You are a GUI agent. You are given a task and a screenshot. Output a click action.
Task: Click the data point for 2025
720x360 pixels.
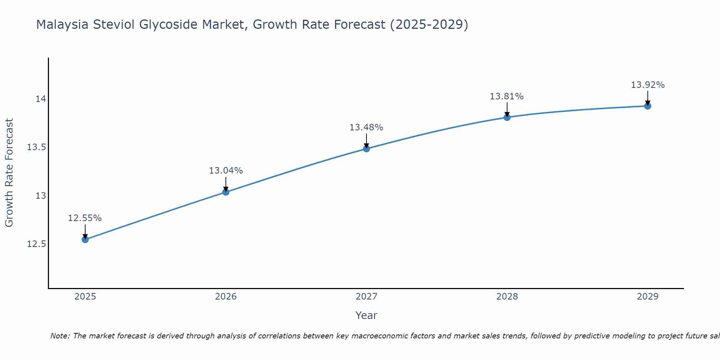(x=85, y=239)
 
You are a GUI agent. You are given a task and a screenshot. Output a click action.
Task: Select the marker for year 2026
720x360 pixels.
(x=226, y=192)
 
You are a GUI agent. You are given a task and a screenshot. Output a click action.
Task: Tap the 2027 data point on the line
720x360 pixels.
(x=366, y=148)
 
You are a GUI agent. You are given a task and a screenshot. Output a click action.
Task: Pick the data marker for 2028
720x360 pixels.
(x=507, y=117)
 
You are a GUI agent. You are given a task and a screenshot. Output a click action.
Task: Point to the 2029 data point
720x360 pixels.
(x=648, y=106)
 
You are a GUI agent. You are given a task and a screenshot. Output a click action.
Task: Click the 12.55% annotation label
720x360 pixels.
(x=85, y=218)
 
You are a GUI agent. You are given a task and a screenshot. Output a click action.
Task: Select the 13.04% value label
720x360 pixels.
(x=226, y=171)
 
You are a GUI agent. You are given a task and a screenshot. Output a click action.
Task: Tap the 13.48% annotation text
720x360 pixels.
(x=366, y=127)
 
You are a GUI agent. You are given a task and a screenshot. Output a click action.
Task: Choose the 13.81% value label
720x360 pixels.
(x=507, y=96)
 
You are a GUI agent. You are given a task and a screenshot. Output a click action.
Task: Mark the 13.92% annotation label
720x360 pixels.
(x=648, y=85)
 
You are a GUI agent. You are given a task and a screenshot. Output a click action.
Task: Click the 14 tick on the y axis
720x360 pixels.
(x=41, y=99)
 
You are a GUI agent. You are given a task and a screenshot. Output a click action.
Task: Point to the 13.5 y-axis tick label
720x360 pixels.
(x=36, y=147)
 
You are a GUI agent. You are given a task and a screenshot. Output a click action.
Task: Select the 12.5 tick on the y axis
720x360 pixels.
(x=36, y=244)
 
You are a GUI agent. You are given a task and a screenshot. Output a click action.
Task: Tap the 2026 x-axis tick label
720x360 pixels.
(x=226, y=297)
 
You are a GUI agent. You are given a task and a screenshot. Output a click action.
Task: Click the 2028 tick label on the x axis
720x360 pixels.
(x=507, y=297)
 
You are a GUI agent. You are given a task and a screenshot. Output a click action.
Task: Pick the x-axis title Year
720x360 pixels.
(x=366, y=315)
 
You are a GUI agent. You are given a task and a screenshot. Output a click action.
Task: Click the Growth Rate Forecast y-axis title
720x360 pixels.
(x=9, y=173)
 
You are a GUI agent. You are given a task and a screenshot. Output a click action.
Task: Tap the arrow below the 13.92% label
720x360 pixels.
(x=648, y=98)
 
